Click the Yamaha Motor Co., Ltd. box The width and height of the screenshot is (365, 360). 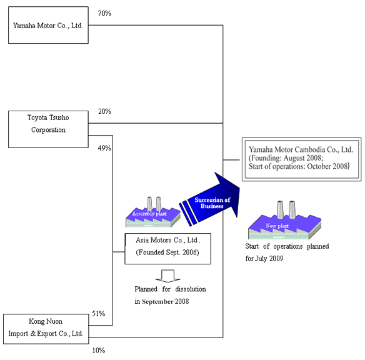point(48,25)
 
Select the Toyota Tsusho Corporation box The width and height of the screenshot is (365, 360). point(48,129)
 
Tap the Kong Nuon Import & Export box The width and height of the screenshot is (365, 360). point(46,329)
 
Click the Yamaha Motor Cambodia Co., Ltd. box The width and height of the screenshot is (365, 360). point(301,159)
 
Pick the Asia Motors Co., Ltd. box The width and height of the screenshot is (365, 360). point(168,249)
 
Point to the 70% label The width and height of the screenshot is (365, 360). point(104,13)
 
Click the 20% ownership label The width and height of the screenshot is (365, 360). point(104,111)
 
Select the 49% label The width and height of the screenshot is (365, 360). point(104,148)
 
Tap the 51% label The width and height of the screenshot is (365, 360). point(99,314)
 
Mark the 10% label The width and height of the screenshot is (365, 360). point(99,351)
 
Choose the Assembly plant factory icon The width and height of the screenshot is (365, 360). point(153,212)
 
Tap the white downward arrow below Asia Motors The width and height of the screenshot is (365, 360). point(168,276)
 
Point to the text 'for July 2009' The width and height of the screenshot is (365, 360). point(264,259)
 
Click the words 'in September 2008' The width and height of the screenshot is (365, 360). point(162,301)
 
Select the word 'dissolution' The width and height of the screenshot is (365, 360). point(191,289)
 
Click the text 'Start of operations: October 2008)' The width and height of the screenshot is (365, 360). point(299,166)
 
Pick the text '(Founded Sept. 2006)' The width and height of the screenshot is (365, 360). point(167,252)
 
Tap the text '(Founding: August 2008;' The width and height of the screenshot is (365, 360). point(286,158)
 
